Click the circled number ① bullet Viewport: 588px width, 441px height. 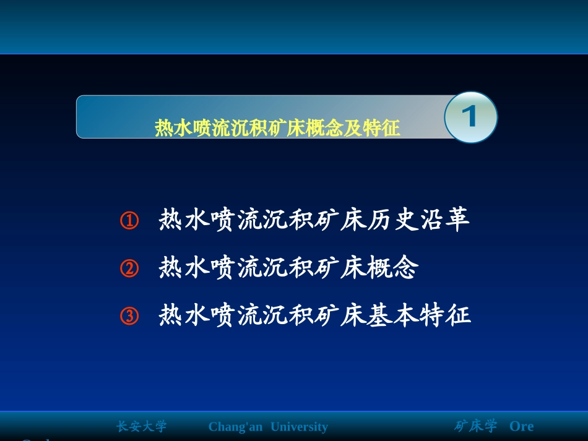pyautogui.click(x=129, y=221)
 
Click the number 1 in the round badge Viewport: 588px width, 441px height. pyautogui.click(x=471, y=117)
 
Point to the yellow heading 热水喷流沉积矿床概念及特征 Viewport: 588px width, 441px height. pyautogui.click(x=277, y=128)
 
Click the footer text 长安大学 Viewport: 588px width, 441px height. pyautogui.click(x=142, y=427)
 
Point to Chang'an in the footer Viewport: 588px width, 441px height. pyautogui.click(x=235, y=427)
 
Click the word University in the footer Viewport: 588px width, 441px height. pyautogui.click(x=300, y=427)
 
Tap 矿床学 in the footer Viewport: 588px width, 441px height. pyautogui.click(x=475, y=427)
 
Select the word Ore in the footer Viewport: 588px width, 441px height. pyautogui.click(x=521, y=427)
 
